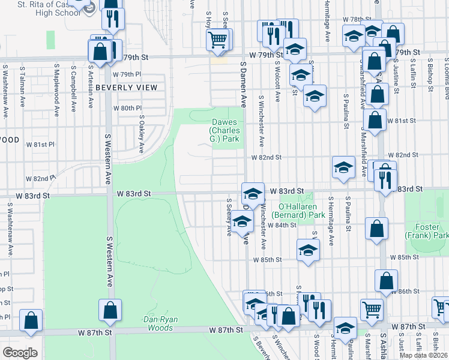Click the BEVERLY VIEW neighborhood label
126,88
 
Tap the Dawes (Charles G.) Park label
224,130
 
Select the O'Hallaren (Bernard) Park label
298,211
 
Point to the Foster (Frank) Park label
431,231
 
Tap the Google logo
20,353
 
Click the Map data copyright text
423,355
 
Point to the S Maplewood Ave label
56,88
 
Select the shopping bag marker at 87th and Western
110,311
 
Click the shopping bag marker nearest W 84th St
376,229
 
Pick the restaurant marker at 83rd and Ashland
385,178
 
